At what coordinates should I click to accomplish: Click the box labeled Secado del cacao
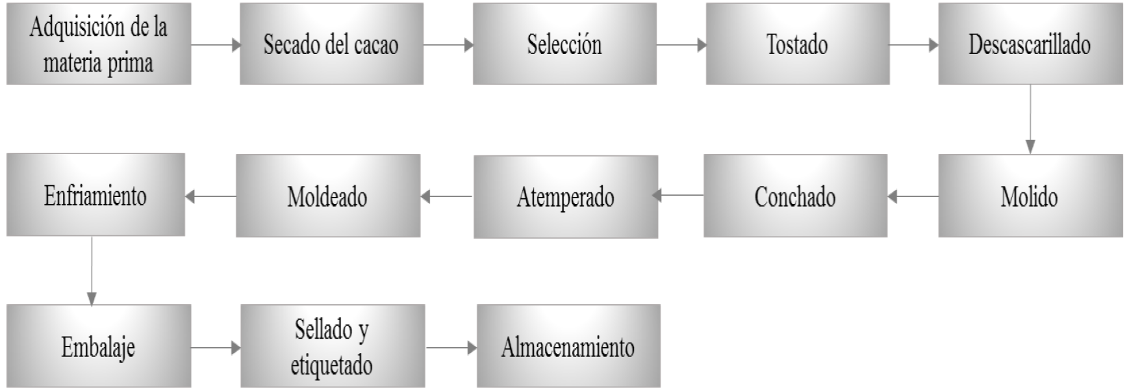pos(331,44)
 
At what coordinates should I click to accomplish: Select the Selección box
pos(564,44)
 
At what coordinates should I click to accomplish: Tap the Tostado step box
pos(797,44)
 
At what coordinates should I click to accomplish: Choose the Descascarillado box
pos(1030,44)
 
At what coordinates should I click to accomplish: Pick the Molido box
pos(1030,196)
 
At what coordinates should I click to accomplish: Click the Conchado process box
pos(795,196)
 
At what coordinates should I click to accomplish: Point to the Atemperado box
pos(565,196)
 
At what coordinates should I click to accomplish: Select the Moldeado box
pos(327,196)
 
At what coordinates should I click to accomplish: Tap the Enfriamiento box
pos(95,195)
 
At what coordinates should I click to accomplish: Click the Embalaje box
pos(98,346)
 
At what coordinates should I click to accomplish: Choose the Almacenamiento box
pos(568,346)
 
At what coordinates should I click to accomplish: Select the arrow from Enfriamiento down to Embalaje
pos(92,270)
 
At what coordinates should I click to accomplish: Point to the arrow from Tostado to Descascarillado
pos(913,45)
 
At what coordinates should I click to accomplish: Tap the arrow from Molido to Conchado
pos(913,196)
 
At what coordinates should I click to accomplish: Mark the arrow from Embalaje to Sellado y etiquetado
pos(215,348)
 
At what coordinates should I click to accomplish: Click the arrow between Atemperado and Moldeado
pos(447,196)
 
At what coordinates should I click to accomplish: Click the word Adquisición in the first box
pos(77,27)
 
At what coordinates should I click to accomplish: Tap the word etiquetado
pos(331,365)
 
